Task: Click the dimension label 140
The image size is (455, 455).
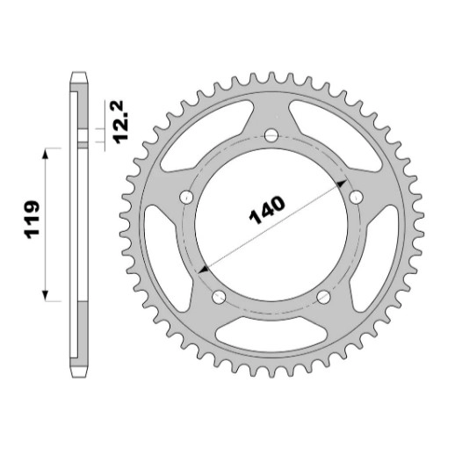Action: [x=267, y=210]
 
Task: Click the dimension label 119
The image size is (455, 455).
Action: [x=32, y=220]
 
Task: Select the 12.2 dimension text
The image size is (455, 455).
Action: [x=120, y=122]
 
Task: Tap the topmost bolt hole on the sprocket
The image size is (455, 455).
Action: [x=271, y=135]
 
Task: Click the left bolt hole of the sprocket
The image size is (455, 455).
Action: [x=186, y=197]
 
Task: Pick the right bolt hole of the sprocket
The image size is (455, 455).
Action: [x=356, y=197]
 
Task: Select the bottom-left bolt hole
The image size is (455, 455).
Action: [x=219, y=297]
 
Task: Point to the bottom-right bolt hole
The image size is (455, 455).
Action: [x=323, y=297]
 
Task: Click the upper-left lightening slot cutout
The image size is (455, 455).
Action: [x=205, y=134]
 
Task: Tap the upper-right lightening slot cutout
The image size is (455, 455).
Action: [x=336, y=134]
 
